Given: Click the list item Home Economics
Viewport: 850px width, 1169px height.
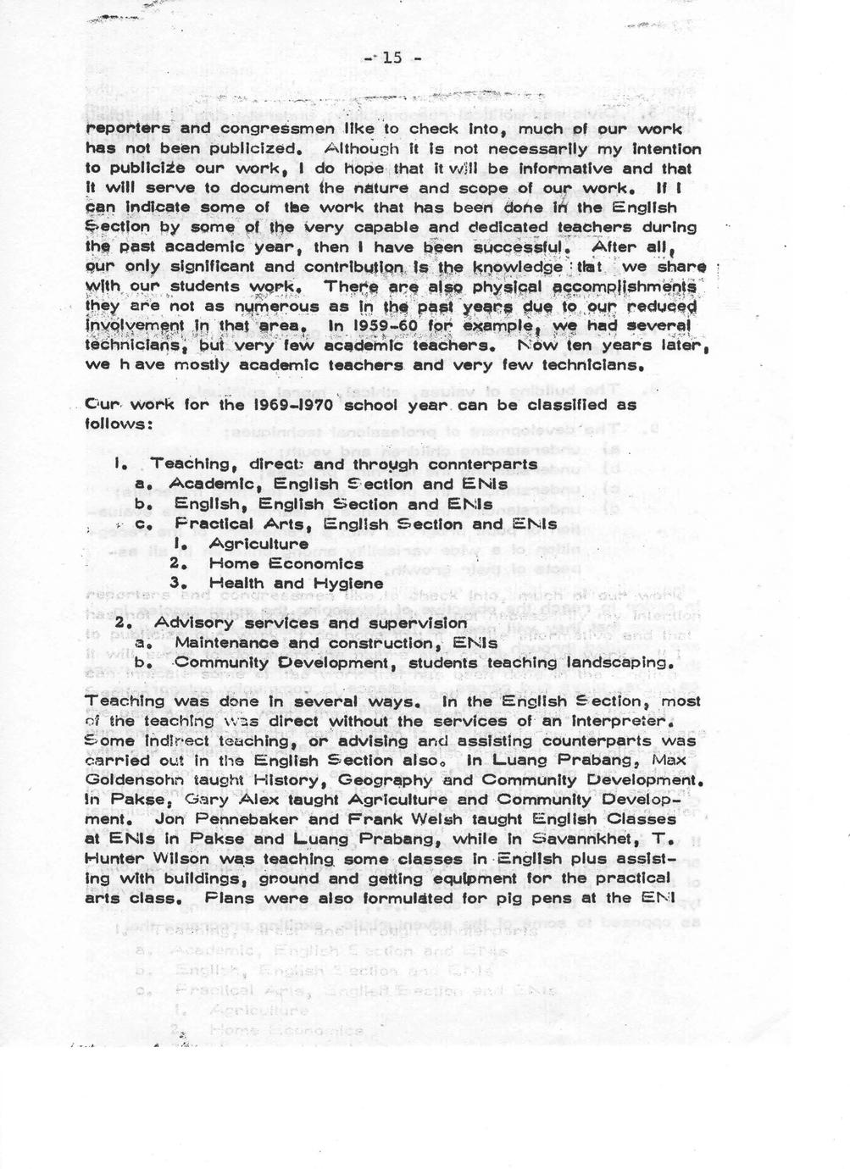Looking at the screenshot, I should (x=286, y=563).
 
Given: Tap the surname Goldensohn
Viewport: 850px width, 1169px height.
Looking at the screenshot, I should (x=136, y=779).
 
